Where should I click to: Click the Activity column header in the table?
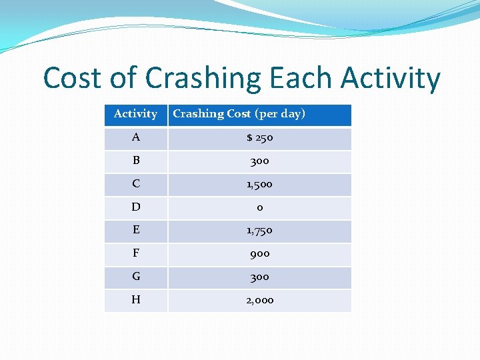(x=135, y=114)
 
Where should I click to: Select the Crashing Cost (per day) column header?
(x=239, y=114)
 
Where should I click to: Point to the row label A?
(x=136, y=137)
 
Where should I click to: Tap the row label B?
(x=136, y=161)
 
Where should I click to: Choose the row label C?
(x=136, y=184)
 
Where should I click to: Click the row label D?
(x=136, y=207)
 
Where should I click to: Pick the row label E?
(x=136, y=230)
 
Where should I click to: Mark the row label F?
(x=136, y=253)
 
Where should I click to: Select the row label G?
(x=136, y=277)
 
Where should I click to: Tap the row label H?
(x=136, y=300)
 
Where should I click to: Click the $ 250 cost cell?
(x=259, y=138)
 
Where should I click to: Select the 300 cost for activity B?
(x=259, y=161)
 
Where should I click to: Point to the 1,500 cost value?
(x=259, y=184)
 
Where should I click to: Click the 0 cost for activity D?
(x=259, y=207)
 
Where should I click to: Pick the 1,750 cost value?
(x=259, y=231)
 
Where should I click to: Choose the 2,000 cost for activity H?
(x=259, y=300)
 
